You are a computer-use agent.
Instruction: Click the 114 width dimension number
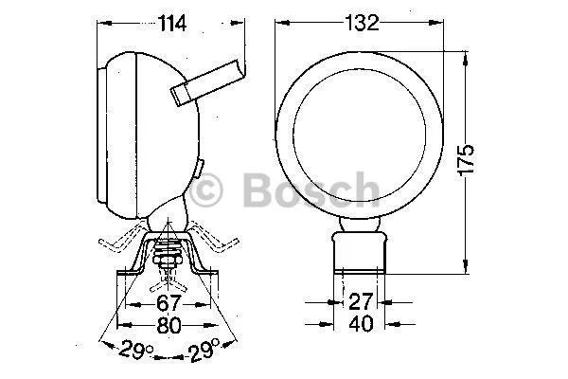click(172, 23)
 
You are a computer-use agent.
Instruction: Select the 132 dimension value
click(362, 23)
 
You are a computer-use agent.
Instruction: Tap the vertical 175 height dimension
click(466, 160)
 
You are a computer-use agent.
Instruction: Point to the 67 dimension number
click(169, 303)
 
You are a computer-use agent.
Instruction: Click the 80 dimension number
click(169, 325)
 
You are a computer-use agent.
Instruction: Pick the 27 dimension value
click(361, 301)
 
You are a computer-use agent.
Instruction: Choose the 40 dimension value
click(361, 323)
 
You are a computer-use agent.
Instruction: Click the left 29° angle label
click(135, 349)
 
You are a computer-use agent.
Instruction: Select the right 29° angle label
click(203, 350)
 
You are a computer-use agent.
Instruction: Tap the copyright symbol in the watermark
click(205, 190)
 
